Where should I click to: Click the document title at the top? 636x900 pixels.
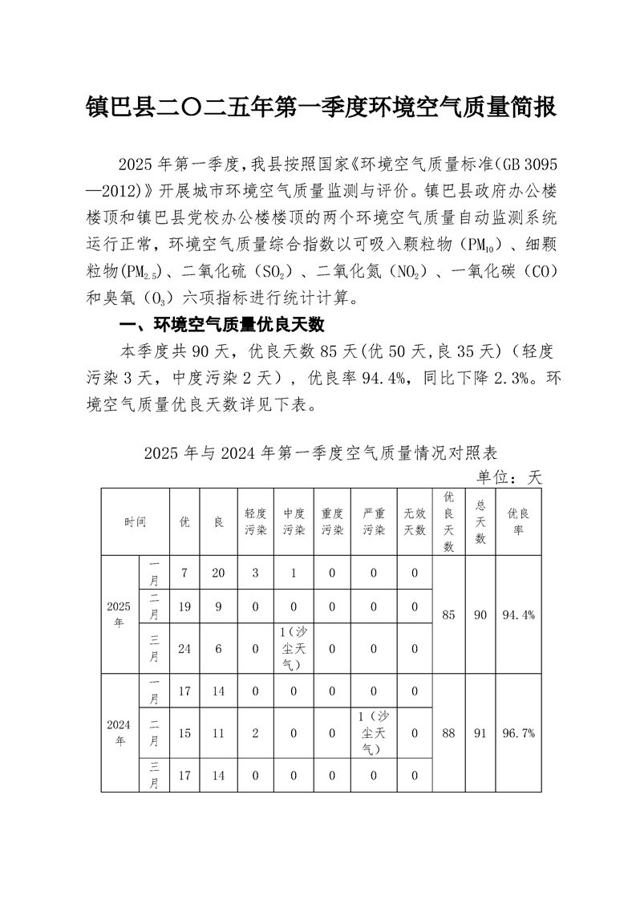[321, 107]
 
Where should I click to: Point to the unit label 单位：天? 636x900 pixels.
[510, 478]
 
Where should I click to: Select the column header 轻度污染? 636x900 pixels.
[255, 521]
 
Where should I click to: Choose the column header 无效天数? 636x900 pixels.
[415, 521]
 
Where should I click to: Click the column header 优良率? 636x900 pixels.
[518, 521]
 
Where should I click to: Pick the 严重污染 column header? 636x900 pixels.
[374, 521]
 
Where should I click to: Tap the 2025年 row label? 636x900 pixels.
[119, 614]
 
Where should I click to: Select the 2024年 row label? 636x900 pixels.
[119, 733]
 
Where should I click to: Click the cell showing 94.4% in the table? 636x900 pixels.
[518, 615]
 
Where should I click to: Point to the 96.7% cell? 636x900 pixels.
[518, 733]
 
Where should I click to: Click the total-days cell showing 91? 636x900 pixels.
[480, 733]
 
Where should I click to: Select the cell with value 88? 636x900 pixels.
[448, 733]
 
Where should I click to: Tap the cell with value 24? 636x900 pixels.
[184, 649]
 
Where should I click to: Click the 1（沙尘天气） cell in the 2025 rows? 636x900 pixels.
[294, 648]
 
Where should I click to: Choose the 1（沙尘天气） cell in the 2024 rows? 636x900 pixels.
[374, 733]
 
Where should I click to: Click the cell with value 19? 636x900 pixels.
[184, 607]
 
